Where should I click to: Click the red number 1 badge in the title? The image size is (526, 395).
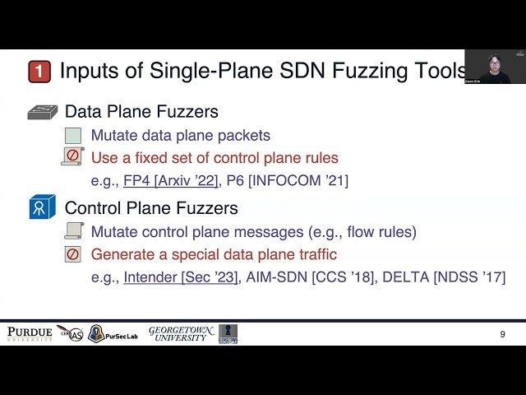tap(39, 72)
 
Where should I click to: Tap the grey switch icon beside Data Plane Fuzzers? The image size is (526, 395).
tap(43, 113)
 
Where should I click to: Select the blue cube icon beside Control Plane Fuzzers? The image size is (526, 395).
tap(42, 207)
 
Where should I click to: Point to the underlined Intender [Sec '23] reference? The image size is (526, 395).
tap(182, 277)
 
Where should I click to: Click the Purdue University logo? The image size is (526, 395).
tap(30, 333)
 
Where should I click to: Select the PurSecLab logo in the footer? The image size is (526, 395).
tap(113, 334)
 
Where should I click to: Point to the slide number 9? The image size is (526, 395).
tap(502, 334)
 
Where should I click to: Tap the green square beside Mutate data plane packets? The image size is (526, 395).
tap(73, 136)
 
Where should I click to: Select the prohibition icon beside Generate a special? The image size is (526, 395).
tap(73, 254)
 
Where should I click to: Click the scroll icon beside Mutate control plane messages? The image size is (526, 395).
tap(73, 231)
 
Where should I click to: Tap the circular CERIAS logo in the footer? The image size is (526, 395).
tap(70, 334)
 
